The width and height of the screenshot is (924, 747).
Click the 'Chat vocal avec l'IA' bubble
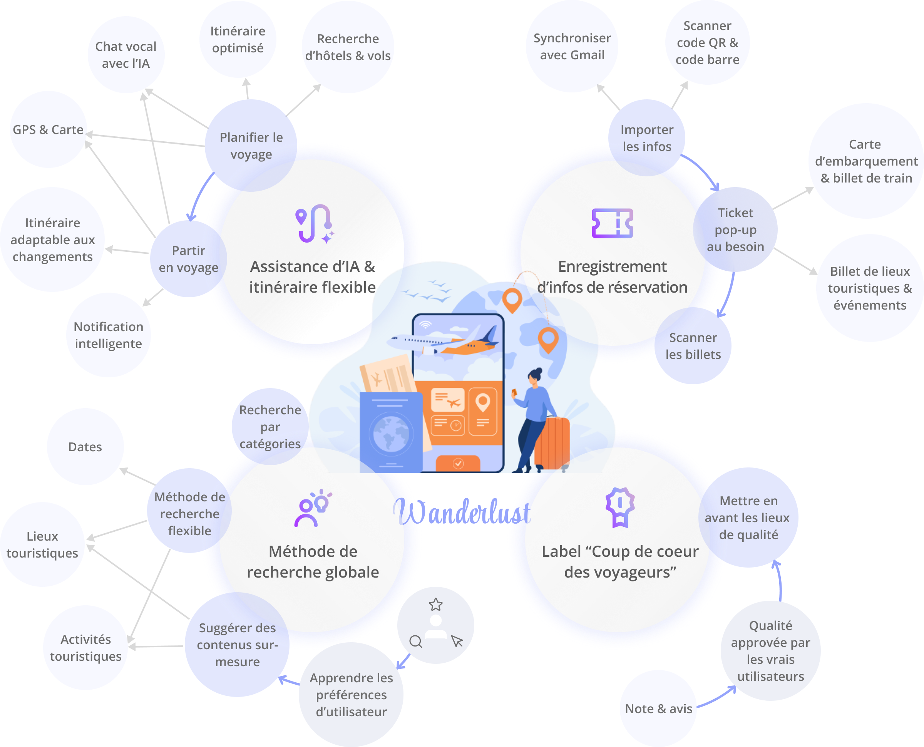coord(126,55)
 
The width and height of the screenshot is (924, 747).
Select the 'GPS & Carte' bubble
coord(48,129)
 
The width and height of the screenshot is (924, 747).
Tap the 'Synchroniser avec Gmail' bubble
coord(572,47)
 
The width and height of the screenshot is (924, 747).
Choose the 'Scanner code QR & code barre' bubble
coord(707,43)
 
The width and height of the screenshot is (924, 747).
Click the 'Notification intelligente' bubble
coord(109,335)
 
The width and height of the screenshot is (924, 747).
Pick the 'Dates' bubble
coord(85,447)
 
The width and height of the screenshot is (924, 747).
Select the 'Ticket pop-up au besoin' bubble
coord(735,229)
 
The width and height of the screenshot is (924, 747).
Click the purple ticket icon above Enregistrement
coord(612,223)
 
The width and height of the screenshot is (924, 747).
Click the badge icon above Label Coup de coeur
coord(620,507)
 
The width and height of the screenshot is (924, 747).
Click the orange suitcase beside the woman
coord(552,443)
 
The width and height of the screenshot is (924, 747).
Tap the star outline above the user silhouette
coord(436,605)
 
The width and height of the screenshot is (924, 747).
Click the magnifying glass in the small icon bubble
coord(415,641)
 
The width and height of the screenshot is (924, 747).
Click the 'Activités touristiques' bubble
coord(85,648)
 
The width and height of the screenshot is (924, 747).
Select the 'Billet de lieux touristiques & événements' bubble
coord(870,288)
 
